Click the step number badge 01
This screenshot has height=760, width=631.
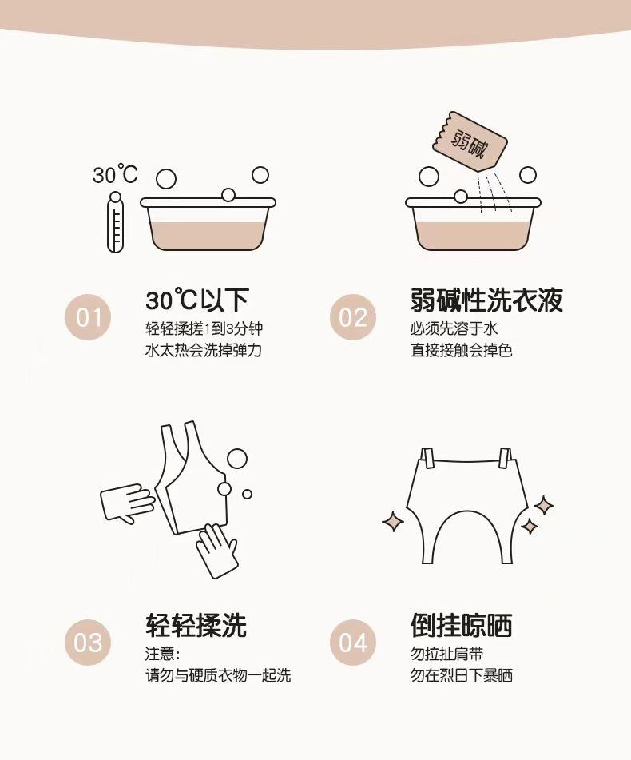pyautogui.click(x=88, y=317)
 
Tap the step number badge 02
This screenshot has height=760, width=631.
pyautogui.click(x=353, y=317)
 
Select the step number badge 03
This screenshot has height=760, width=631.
pyautogui.click(x=88, y=643)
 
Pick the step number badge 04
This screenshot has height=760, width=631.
pyautogui.click(x=353, y=643)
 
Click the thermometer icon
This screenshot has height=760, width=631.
pyautogui.click(x=115, y=222)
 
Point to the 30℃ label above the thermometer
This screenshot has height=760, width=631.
pyautogui.click(x=115, y=174)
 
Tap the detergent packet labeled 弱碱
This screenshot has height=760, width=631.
pyautogui.click(x=470, y=141)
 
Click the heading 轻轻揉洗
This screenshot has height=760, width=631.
pyautogui.click(x=196, y=625)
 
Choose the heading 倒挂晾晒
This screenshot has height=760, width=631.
pyautogui.click(x=461, y=625)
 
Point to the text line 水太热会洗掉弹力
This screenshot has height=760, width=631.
pyautogui.click(x=204, y=350)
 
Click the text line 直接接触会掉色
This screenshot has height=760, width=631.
pyautogui.click(x=461, y=350)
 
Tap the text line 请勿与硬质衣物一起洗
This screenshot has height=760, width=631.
pyautogui.click(x=218, y=675)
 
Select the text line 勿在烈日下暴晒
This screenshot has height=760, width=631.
pyautogui.click(x=461, y=675)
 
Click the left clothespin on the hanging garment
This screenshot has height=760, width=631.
pyautogui.click(x=427, y=458)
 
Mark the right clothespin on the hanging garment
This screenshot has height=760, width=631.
pyautogui.click(x=505, y=458)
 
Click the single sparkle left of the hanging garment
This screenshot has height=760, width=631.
pyautogui.click(x=393, y=522)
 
